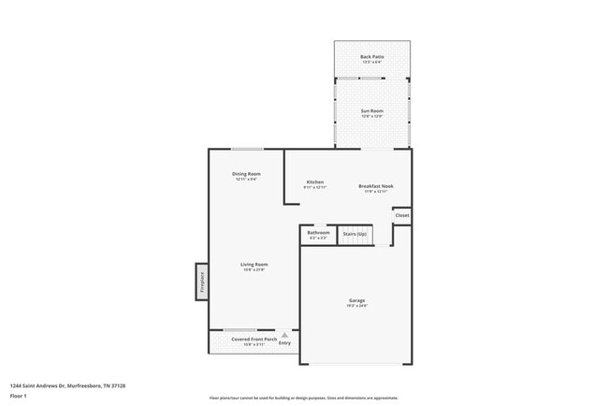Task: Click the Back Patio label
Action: pos(371,56)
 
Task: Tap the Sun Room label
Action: pos(372,111)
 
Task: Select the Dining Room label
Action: pos(247,174)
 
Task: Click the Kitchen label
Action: pos(315,181)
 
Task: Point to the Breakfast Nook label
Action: pos(376,186)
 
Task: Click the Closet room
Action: pos(401,216)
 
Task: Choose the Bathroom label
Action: pos(319,232)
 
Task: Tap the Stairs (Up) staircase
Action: pos(355,235)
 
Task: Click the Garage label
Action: pos(357,299)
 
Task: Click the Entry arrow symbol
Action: pos(284,334)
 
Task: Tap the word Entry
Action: pos(284,343)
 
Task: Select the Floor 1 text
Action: pos(20,396)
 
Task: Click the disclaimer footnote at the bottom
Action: pos(304,399)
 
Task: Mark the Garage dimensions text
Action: pos(357,306)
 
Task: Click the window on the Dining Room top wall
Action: pos(246,150)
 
